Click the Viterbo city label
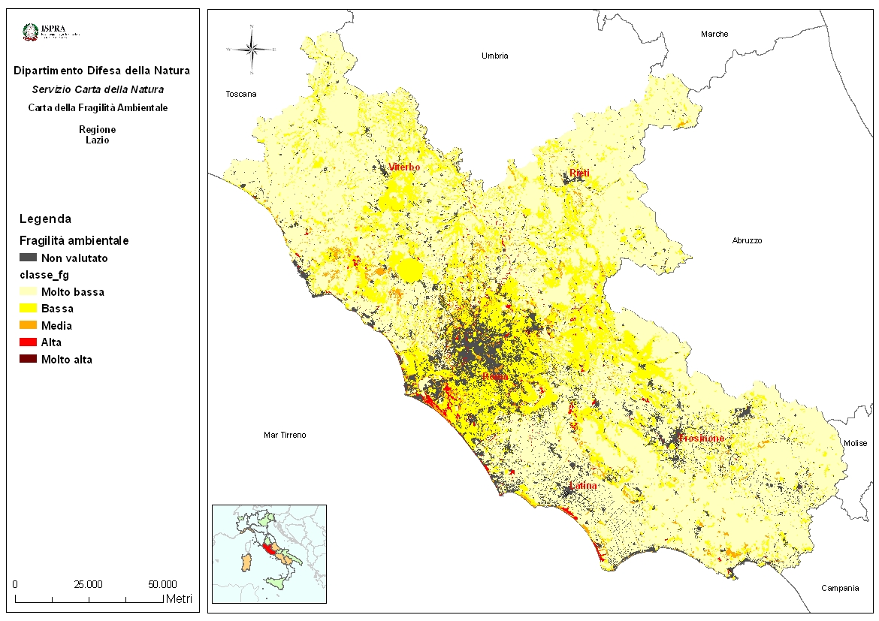(404, 167)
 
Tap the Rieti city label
(579, 173)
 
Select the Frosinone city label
(701, 438)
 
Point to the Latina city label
(583, 486)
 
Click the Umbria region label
(495, 56)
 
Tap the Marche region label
(714, 34)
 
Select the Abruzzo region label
(747, 240)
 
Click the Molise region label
(855, 444)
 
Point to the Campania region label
(840, 587)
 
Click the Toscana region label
(241, 94)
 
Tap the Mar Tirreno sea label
(285, 435)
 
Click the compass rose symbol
(252, 50)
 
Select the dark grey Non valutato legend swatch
(28, 258)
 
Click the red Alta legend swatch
(28, 342)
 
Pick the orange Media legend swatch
(28, 325)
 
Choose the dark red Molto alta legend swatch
(28, 359)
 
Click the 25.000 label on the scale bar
(89, 583)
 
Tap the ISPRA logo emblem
(31, 32)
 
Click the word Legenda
(45, 219)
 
